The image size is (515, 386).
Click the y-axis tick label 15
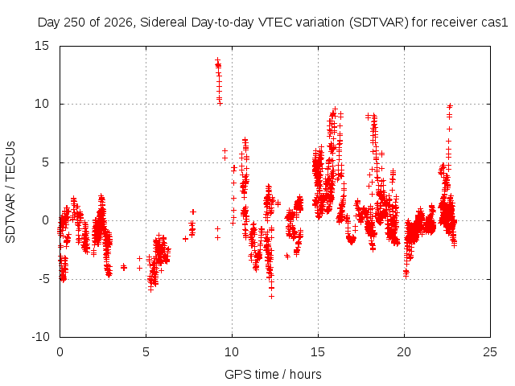42,46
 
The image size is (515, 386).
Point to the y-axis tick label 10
42,104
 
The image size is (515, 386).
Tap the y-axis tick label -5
42,279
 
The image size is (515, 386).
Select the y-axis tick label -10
40,337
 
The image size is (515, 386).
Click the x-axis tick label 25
490,352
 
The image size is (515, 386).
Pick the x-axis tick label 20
404,352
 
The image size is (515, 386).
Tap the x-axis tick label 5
146,352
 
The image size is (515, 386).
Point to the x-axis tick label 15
318,352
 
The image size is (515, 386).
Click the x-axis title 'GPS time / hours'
273,374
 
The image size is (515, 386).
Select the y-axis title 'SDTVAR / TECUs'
10,192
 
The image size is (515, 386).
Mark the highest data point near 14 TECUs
217,60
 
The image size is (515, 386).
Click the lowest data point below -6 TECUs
271,297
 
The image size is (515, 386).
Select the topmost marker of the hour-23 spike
450,105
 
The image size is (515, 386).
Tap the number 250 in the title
74,23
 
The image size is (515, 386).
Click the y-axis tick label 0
45,220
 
